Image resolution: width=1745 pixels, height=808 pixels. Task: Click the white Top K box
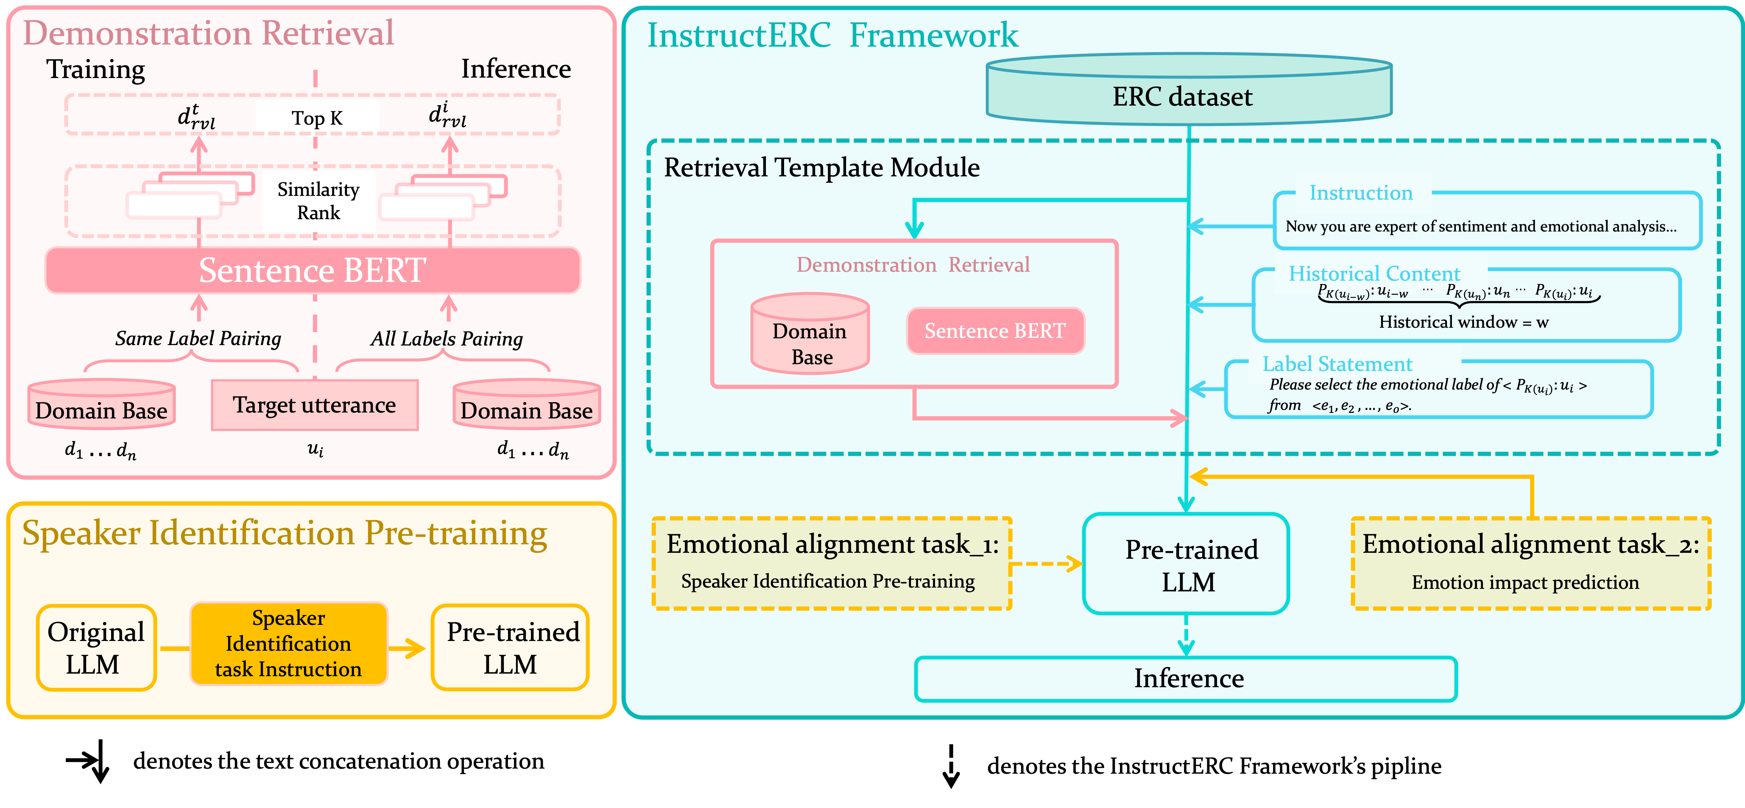(317, 118)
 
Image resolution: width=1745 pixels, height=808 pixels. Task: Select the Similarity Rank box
(318, 201)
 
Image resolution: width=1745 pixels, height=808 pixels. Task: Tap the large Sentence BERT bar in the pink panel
(312, 270)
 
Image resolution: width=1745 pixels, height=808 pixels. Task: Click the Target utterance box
(314, 405)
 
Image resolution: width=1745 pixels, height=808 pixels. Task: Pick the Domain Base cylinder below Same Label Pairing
(102, 405)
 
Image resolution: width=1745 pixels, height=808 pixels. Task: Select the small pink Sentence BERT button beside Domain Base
(995, 331)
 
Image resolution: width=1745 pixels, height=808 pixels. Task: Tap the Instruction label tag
(1362, 193)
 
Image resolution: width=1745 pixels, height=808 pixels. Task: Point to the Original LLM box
(95, 647)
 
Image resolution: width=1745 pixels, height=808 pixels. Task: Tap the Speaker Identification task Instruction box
(289, 644)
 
